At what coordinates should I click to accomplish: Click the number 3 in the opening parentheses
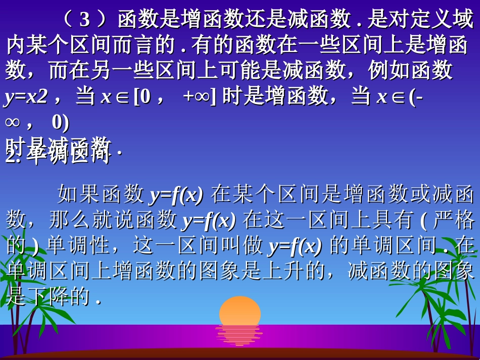(x=85, y=20)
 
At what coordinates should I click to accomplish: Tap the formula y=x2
(x=26, y=96)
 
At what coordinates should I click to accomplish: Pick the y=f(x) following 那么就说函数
(x=209, y=220)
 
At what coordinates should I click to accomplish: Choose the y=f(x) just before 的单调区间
(x=295, y=246)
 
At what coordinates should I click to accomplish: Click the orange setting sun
(x=240, y=311)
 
